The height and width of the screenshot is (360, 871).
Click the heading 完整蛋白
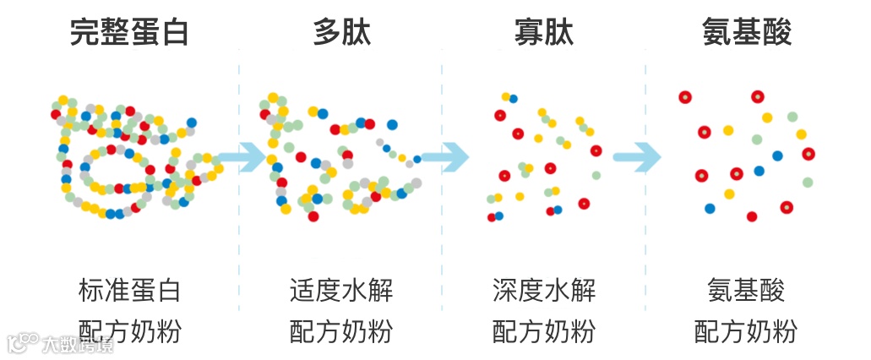tap(129, 33)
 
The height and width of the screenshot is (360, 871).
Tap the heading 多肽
tap(341, 33)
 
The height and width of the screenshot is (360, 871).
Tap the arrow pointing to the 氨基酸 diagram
tap(638, 156)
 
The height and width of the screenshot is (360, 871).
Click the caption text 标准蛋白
tap(129, 291)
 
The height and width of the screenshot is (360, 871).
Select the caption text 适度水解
tap(341, 291)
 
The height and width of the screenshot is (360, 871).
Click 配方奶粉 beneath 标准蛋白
tap(129, 330)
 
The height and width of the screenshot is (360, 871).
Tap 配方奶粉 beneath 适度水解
tap(341, 330)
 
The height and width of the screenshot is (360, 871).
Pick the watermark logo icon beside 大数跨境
tap(22, 341)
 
